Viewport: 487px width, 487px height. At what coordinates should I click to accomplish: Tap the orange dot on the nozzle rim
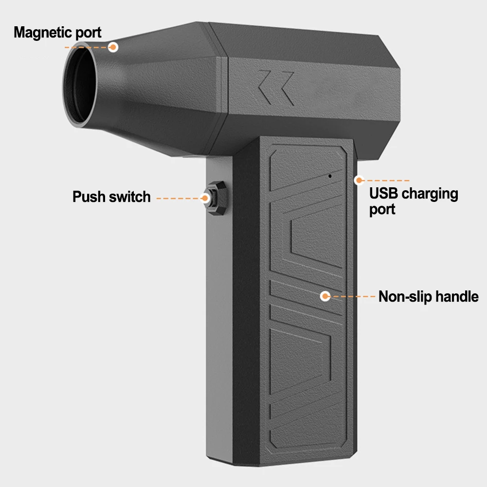point(113,47)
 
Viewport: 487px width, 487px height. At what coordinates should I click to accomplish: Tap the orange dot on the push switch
point(206,198)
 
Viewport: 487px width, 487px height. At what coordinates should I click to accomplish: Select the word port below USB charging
point(382,209)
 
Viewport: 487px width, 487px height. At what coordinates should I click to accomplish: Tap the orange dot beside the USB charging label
point(359,180)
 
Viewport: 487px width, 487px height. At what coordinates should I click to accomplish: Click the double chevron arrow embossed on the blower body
point(275,87)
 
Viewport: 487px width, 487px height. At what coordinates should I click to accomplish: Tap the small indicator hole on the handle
point(329,176)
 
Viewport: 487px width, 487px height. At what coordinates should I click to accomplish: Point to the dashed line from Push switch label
point(178,198)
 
